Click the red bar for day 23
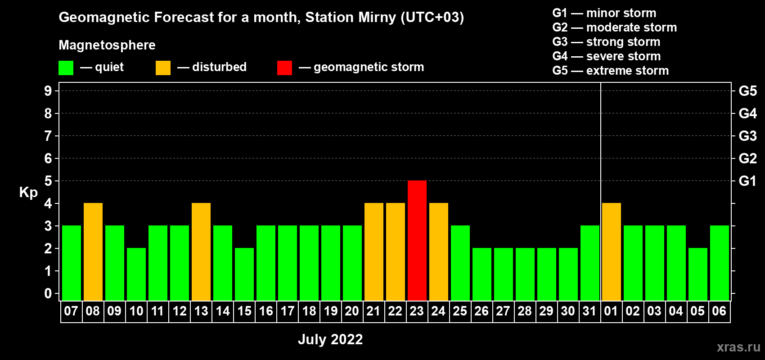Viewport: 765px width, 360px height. pyautogui.click(x=417, y=240)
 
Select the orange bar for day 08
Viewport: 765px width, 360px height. pyautogui.click(x=93, y=252)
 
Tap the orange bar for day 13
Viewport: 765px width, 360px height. pyautogui.click(x=201, y=252)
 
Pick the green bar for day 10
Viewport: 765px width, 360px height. pyautogui.click(x=136, y=274)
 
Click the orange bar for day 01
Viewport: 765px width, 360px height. pyautogui.click(x=611, y=252)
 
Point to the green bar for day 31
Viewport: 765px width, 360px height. pyautogui.click(x=590, y=263)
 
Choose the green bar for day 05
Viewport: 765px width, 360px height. pyautogui.click(x=697, y=274)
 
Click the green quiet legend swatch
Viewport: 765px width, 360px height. pyautogui.click(x=66, y=67)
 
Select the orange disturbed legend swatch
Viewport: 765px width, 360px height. pyautogui.click(x=163, y=67)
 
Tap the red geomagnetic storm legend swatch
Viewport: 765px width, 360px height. pyautogui.click(x=284, y=67)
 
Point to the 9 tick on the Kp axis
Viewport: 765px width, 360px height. pyautogui.click(x=48, y=91)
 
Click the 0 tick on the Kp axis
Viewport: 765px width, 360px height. pyautogui.click(x=48, y=293)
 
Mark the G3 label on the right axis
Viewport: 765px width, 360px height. pyautogui.click(x=747, y=136)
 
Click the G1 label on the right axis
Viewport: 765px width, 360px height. pyautogui.click(x=747, y=181)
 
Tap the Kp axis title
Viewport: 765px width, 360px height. pyautogui.click(x=28, y=193)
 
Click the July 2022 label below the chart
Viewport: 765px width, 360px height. pyautogui.click(x=330, y=339)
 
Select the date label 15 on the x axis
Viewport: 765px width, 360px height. pyautogui.click(x=244, y=311)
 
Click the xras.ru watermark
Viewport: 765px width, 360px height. pyautogui.click(x=739, y=347)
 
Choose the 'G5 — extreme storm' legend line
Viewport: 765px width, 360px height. pyautogui.click(x=611, y=71)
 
